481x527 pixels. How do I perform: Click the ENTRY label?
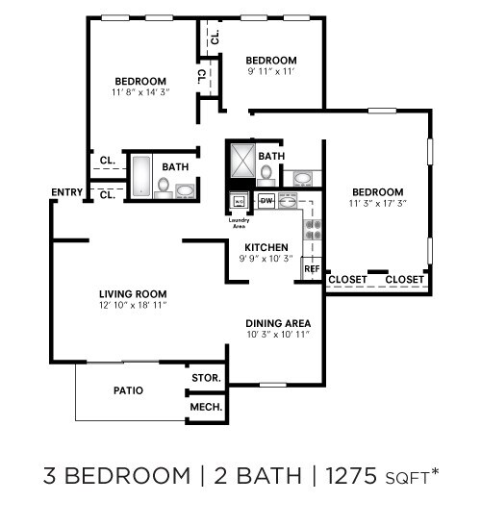[x=67, y=192]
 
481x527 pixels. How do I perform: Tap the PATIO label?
[x=128, y=390]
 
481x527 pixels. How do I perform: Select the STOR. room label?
[x=206, y=378]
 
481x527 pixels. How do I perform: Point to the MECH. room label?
[x=206, y=408]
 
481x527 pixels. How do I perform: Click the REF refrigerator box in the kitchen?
[x=312, y=269]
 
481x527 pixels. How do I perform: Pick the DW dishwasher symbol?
[x=266, y=200]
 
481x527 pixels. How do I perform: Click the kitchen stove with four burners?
[x=313, y=228]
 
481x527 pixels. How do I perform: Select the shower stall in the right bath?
[x=241, y=160]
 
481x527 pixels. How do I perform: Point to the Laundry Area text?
[x=239, y=224]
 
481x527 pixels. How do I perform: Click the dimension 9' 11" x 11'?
[x=269, y=71]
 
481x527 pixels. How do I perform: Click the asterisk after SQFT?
[x=434, y=469]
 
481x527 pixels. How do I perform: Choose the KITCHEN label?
[x=266, y=247]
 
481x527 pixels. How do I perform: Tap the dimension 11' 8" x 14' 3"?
[x=139, y=92]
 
